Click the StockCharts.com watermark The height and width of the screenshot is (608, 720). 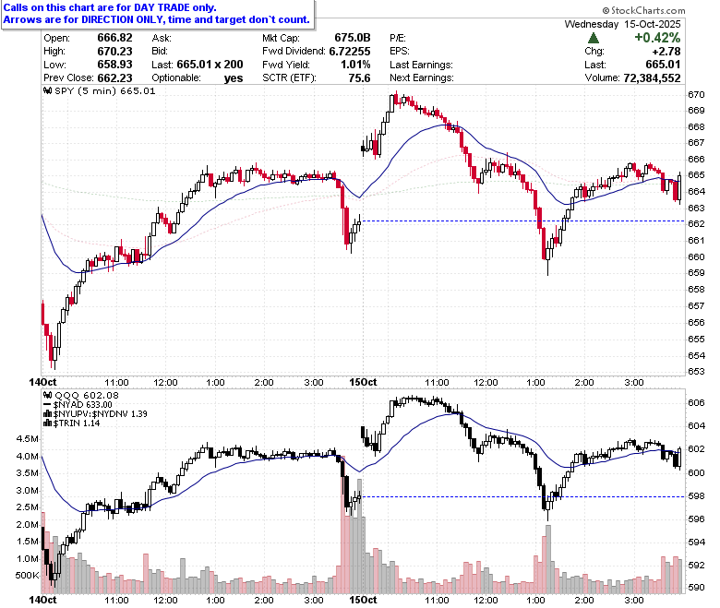pyautogui.click(x=643, y=10)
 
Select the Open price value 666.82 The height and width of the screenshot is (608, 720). pyautogui.click(x=114, y=38)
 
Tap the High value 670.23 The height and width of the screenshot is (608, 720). pyautogui.click(x=114, y=52)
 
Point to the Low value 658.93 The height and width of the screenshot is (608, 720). pyautogui.click(x=114, y=65)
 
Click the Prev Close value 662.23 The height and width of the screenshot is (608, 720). pyautogui.click(x=114, y=78)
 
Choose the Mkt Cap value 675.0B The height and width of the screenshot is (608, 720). pyautogui.click(x=353, y=38)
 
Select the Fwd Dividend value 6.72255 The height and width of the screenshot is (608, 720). pyautogui.click(x=350, y=52)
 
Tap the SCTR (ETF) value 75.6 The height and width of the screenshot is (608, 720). pyautogui.click(x=360, y=78)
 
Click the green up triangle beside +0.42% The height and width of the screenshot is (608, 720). pyautogui.click(x=594, y=38)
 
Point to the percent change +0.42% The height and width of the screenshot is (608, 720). pyautogui.click(x=657, y=38)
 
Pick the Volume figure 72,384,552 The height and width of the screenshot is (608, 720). pyautogui.click(x=652, y=78)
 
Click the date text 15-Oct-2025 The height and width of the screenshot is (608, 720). pyautogui.click(x=653, y=24)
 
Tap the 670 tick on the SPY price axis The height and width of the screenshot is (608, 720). pyautogui.click(x=696, y=94)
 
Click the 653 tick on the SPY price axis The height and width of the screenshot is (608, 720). pyautogui.click(x=696, y=371)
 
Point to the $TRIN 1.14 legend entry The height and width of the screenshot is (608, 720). pyautogui.click(x=72, y=423)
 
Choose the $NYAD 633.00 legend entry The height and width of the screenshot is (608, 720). pyautogui.click(x=78, y=405)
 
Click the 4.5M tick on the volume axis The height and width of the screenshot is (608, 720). pyautogui.click(x=28, y=438)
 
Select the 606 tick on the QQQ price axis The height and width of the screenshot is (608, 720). pyautogui.click(x=696, y=402)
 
